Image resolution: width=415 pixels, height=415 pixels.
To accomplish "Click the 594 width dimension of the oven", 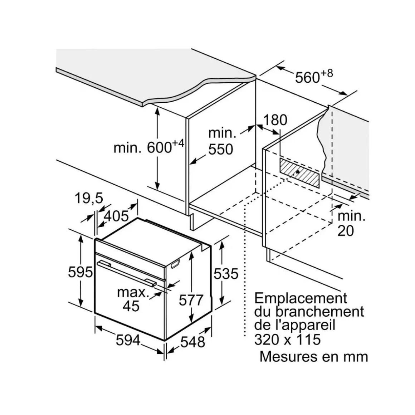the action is point(128,340).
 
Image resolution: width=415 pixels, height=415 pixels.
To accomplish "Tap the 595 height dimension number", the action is point(80,272).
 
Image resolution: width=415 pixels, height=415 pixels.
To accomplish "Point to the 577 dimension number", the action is point(191,300).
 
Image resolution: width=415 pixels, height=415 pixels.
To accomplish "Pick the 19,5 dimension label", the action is point(89,198).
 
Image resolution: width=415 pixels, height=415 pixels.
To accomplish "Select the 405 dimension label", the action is point(116,216).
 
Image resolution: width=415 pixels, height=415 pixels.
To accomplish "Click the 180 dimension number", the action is point(275,120).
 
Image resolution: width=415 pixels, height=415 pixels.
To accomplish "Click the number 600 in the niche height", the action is point(160,147).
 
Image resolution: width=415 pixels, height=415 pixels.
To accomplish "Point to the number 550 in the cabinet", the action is point(221,149).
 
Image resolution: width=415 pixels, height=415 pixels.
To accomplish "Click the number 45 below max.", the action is point(131,306).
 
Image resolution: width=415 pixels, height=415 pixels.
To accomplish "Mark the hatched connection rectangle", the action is point(299,173).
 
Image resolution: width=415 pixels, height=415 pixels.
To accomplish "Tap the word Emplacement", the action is point(301,298).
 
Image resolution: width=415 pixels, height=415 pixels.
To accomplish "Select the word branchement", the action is point(320,312).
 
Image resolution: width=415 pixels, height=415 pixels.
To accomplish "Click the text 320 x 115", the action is point(287,339).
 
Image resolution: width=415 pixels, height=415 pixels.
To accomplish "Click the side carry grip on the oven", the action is point(175,264).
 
